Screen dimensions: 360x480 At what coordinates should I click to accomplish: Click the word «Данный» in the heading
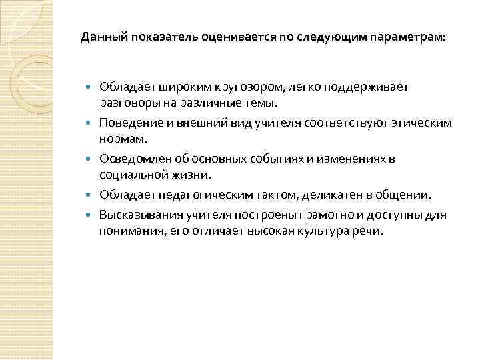[102, 38]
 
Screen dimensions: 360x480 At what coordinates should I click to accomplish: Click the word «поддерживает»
[369, 87]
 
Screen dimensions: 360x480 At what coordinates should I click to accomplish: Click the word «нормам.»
[117, 140]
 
